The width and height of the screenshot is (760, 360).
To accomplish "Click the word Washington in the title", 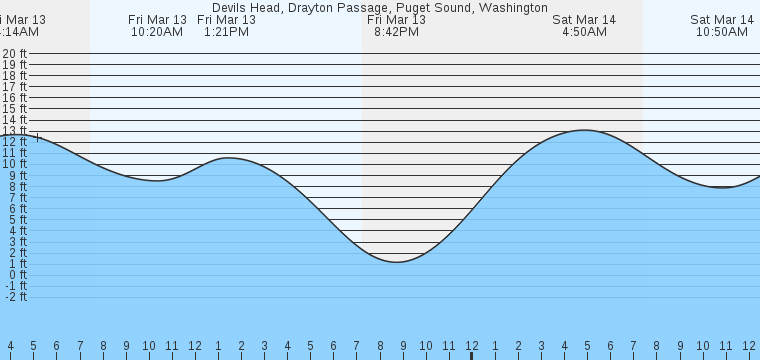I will (x=513, y=7).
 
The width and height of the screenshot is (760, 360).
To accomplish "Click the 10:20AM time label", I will (x=157, y=32).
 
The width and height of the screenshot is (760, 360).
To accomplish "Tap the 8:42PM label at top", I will (x=396, y=32).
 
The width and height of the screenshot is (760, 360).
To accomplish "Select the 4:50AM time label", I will (x=584, y=32).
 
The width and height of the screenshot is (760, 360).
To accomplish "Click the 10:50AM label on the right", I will (x=722, y=32).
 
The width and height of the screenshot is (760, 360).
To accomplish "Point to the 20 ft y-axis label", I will (x=14, y=54).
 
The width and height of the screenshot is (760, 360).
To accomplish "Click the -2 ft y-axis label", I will (x=14, y=297).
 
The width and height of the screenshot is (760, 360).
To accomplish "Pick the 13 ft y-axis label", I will (x=14, y=131).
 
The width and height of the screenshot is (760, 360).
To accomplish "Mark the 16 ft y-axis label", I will (x=14, y=98).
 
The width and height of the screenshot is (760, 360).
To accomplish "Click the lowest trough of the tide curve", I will (x=398, y=262).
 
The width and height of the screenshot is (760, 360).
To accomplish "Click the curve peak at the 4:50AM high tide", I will (x=584, y=130).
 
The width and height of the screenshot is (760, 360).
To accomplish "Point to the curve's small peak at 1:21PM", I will (x=228, y=158).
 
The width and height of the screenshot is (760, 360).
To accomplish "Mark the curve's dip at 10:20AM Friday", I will (x=157, y=181).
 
